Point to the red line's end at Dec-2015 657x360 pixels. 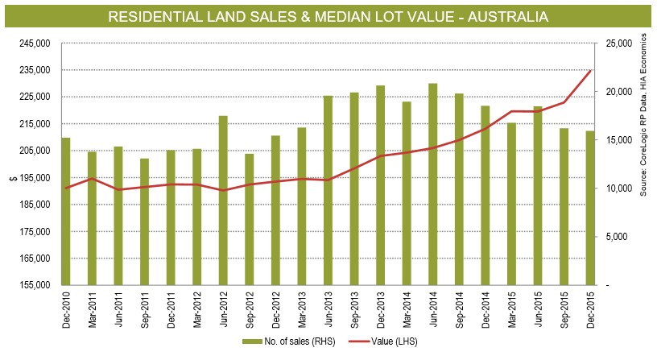coord(590,71)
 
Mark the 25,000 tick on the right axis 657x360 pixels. coord(617,43)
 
